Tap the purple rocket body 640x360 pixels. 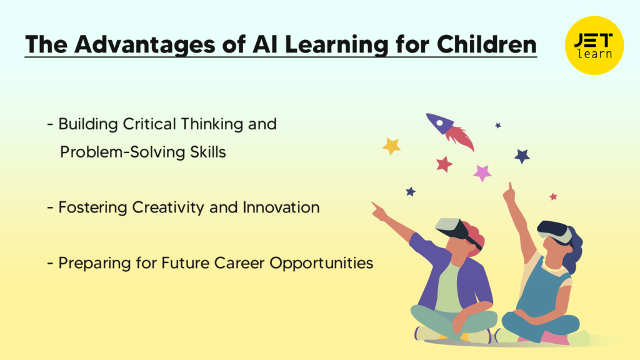click(440, 123)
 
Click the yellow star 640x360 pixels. click(391, 146)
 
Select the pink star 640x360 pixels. click(482, 172)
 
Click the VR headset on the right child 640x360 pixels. click(554, 231)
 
